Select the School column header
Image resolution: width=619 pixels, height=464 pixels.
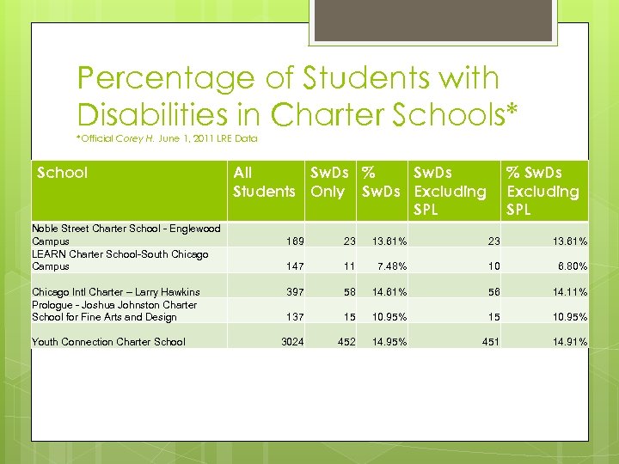click(x=63, y=173)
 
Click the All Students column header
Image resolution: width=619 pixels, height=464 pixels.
click(x=264, y=182)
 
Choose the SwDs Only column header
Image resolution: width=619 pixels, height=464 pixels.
click(x=328, y=182)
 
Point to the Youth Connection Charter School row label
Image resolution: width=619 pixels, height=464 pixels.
click(x=108, y=342)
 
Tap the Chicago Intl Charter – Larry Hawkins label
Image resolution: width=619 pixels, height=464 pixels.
click(x=115, y=292)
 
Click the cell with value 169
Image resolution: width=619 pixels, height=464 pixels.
click(x=294, y=242)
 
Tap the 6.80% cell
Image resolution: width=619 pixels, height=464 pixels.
click(x=570, y=267)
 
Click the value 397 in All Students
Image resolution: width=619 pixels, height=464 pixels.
click(x=294, y=292)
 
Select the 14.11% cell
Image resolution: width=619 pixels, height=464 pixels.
click(x=570, y=292)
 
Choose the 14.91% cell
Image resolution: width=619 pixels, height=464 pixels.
click(x=570, y=342)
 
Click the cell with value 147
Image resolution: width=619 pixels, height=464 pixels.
click(x=294, y=267)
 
